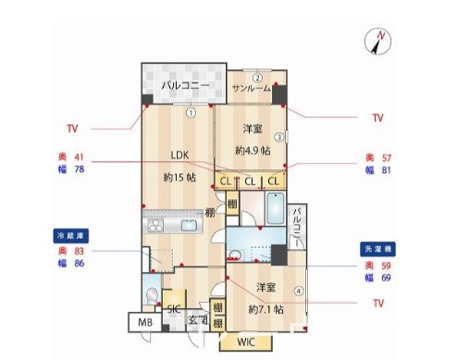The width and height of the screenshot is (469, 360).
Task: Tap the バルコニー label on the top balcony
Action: tap(182, 86)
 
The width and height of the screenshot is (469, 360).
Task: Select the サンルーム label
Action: tap(251, 88)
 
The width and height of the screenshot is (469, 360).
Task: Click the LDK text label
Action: tap(179, 155)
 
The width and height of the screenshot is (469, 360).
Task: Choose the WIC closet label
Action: tap(245, 343)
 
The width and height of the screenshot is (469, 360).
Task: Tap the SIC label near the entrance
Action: tap(173, 308)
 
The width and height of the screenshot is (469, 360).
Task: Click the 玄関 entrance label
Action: tap(198, 321)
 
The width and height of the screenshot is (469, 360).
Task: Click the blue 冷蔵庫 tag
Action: tap(66, 236)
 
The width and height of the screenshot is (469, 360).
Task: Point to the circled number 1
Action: tap(189, 114)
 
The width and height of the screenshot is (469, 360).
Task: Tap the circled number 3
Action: tap(278, 137)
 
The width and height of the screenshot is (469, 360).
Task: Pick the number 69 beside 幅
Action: tap(387, 278)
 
